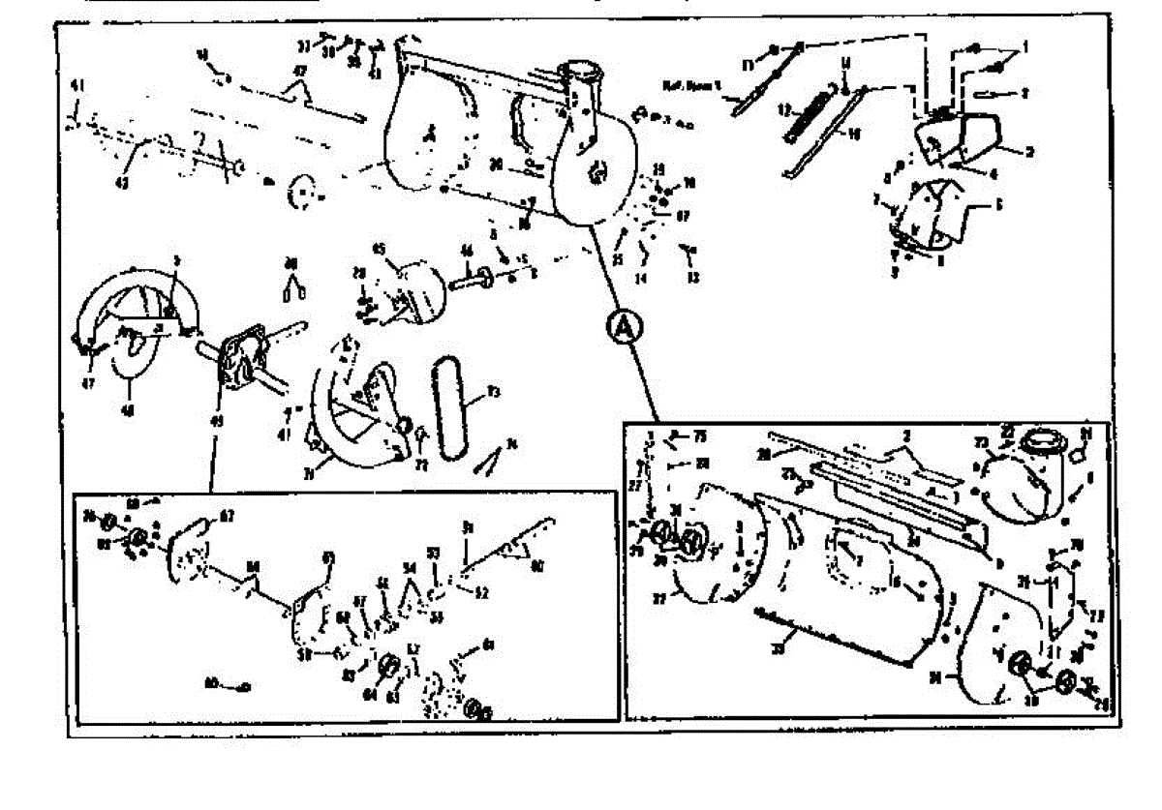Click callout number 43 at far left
123,181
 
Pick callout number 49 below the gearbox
216,418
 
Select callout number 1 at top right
1025,45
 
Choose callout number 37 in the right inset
659,597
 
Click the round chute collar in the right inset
1040,444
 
